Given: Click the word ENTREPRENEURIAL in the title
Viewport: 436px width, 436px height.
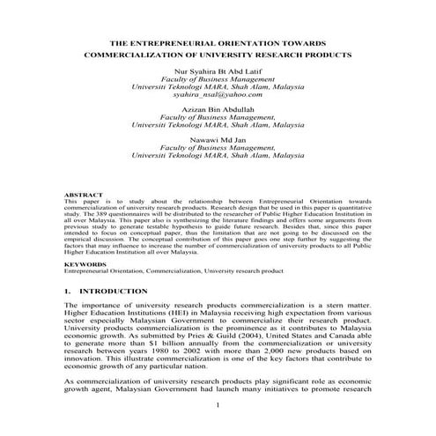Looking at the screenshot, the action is pos(187,42).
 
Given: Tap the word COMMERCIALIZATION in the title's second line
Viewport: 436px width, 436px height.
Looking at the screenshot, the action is pos(135,54).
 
